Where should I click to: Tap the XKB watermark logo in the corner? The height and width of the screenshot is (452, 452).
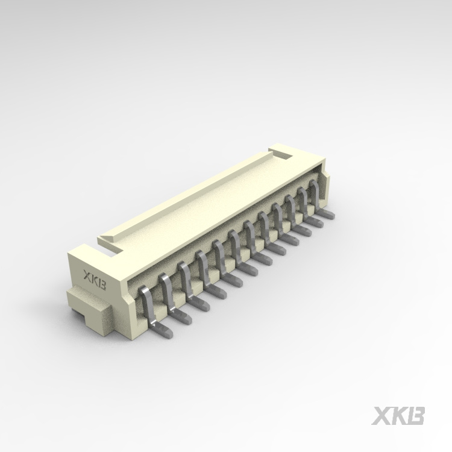pyautogui.click(x=399, y=416)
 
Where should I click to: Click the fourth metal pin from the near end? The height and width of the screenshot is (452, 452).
pyautogui.click(x=203, y=269)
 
